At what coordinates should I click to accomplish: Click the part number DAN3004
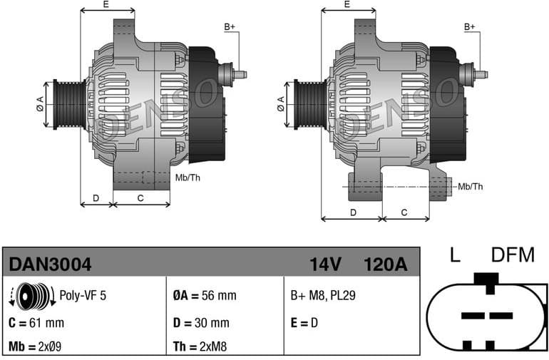tap(50, 265)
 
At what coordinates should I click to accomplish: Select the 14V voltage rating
tap(325, 265)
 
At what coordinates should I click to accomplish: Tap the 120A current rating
tap(384, 265)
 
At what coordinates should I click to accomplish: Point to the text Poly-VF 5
tap(83, 295)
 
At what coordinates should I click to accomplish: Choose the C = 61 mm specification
tap(37, 322)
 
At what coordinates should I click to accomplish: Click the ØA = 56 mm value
tap(204, 295)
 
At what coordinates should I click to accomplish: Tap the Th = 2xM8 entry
tap(202, 347)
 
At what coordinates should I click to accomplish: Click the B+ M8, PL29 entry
tap(322, 295)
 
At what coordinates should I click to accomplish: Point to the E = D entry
tap(304, 322)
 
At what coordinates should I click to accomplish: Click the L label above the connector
tap(453, 254)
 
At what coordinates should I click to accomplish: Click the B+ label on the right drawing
tap(470, 27)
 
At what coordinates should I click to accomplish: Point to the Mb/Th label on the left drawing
tap(188, 178)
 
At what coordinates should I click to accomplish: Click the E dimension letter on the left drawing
tap(106, 4)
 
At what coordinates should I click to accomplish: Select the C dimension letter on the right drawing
tap(404, 212)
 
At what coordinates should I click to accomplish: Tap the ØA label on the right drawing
tap(282, 103)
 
